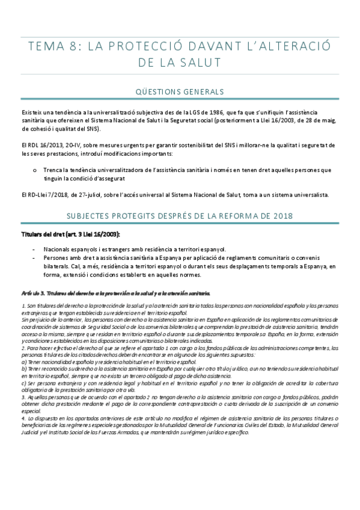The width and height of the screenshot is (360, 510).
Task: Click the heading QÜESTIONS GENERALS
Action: pos(180,91)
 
